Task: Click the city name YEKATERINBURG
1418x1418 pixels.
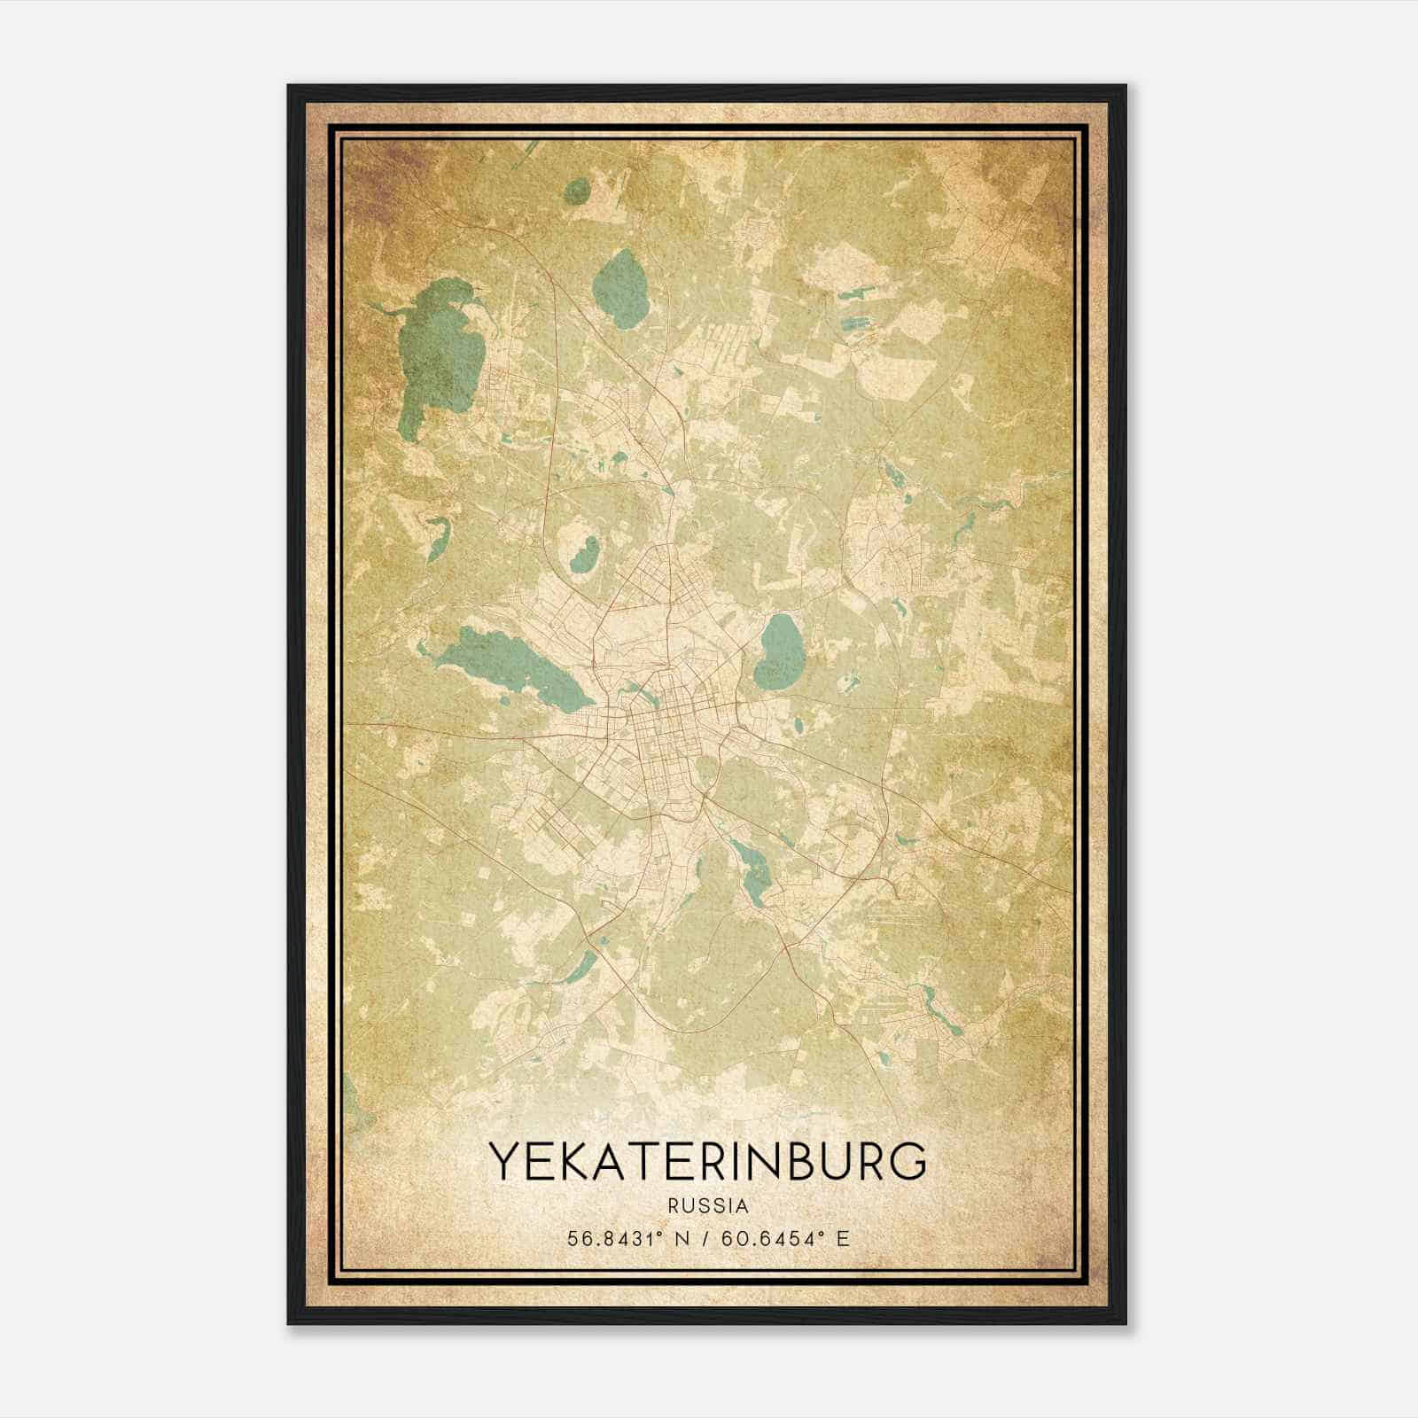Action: click(x=708, y=1162)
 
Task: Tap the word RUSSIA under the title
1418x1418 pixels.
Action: click(x=708, y=1205)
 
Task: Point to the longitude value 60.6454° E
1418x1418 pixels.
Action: click(x=786, y=1238)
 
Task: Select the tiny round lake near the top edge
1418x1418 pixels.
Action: click(x=577, y=191)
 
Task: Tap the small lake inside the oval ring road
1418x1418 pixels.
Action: click(x=584, y=553)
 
